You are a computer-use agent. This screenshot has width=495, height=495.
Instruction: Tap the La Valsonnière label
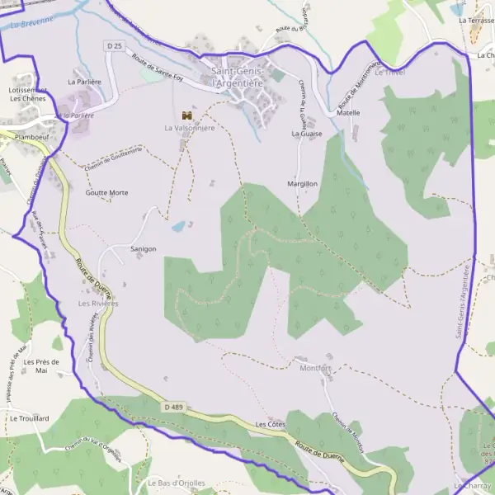pyautogui.click(x=189, y=128)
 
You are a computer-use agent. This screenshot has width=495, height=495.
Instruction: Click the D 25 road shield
pyautogui.click(x=114, y=45)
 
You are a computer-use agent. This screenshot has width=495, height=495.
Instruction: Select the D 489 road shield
pyautogui.click(x=173, y=407)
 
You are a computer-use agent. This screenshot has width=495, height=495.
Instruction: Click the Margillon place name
pyautogui.click(x=303, y=183)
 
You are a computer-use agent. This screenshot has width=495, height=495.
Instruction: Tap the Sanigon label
pyautogui.click(x=144, y=248)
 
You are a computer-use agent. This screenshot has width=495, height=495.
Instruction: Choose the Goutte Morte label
pyautogui.click(x=106, y=192)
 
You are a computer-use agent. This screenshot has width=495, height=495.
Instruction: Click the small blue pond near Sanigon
pyautogui.click(x=178, y=225)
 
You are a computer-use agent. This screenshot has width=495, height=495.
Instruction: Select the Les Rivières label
pyautogui.click(x=98, y=304)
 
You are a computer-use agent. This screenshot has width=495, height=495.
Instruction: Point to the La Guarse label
pyautogui.click(x=306, y=133)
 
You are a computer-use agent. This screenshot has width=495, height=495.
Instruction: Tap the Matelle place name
pyautogui.click(x=348, y=112)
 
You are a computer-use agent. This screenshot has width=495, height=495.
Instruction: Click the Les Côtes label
pyautogui.click(x=271, y=424)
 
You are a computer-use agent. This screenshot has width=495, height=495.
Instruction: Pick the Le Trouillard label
pyautogui.click(x=30, y=418)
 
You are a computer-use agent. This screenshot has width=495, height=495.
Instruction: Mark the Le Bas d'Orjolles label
pyautogui.click(x=177, y=483)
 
